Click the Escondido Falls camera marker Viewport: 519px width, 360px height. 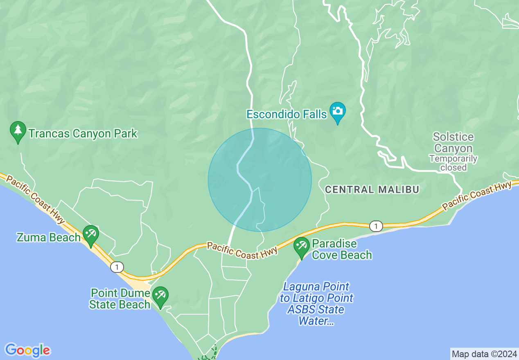point(338,111)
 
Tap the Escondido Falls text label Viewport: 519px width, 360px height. point(287,114)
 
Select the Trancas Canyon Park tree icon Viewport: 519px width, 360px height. point(18,130)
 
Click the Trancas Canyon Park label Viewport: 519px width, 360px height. point(83,133)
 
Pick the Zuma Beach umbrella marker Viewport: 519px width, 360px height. point(90,234)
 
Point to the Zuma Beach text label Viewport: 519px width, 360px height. point(48,237)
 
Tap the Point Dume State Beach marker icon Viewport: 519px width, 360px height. point(160,295)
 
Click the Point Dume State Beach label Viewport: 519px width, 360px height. point(120,299)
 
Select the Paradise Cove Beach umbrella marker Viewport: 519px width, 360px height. point(302,246)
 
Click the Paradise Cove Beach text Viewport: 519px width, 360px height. point(342,249)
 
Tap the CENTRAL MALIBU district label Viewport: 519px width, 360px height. point(372,189)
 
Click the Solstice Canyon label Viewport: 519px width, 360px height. point(453,142)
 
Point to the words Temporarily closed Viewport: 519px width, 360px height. point(453,163)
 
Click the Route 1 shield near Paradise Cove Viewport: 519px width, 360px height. point(376,226)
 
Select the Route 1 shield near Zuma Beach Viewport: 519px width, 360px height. point(117,267)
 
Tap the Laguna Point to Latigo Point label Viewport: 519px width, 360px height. point(316,304)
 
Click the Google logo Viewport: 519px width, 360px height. point(27,350)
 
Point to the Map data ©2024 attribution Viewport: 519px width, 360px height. point(484,353)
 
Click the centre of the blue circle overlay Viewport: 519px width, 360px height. point(259,180)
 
